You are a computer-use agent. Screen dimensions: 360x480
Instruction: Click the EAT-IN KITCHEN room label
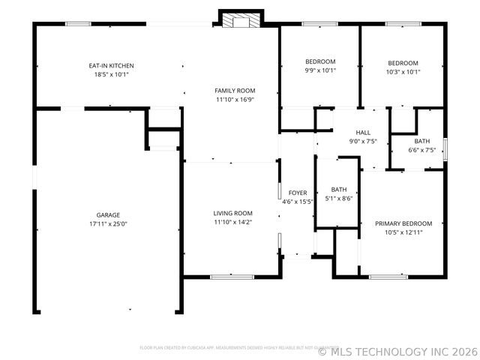click(111, 65)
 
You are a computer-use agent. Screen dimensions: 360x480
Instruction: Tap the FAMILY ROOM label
click(235, 90)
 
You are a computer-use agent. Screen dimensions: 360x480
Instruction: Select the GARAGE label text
click(108, 214)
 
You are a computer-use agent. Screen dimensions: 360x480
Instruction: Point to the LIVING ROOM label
click(233, 213)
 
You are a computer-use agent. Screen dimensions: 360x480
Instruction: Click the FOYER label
click(298, 193)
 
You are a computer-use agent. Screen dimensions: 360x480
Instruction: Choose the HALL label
click(363, 131)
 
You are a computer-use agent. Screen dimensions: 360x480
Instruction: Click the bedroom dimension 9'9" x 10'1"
click(320, 71)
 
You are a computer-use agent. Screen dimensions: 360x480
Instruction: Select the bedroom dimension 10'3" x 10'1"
click(403, 72)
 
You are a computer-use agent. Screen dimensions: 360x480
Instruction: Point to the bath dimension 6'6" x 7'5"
click(421, 150)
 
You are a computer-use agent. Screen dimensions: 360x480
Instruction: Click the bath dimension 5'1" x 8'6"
click(339, 199)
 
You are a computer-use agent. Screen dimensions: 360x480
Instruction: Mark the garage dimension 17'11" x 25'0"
click(108, 223)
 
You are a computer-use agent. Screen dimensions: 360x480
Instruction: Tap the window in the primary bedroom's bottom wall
click(388, 277)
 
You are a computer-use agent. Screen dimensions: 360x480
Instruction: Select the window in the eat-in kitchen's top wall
click(78, 24)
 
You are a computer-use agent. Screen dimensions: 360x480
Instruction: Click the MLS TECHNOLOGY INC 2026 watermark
click(397, 351)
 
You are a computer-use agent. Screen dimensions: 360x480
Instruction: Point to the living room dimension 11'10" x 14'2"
click(233, 222)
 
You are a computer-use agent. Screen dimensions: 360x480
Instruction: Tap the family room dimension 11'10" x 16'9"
click(235, 99)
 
